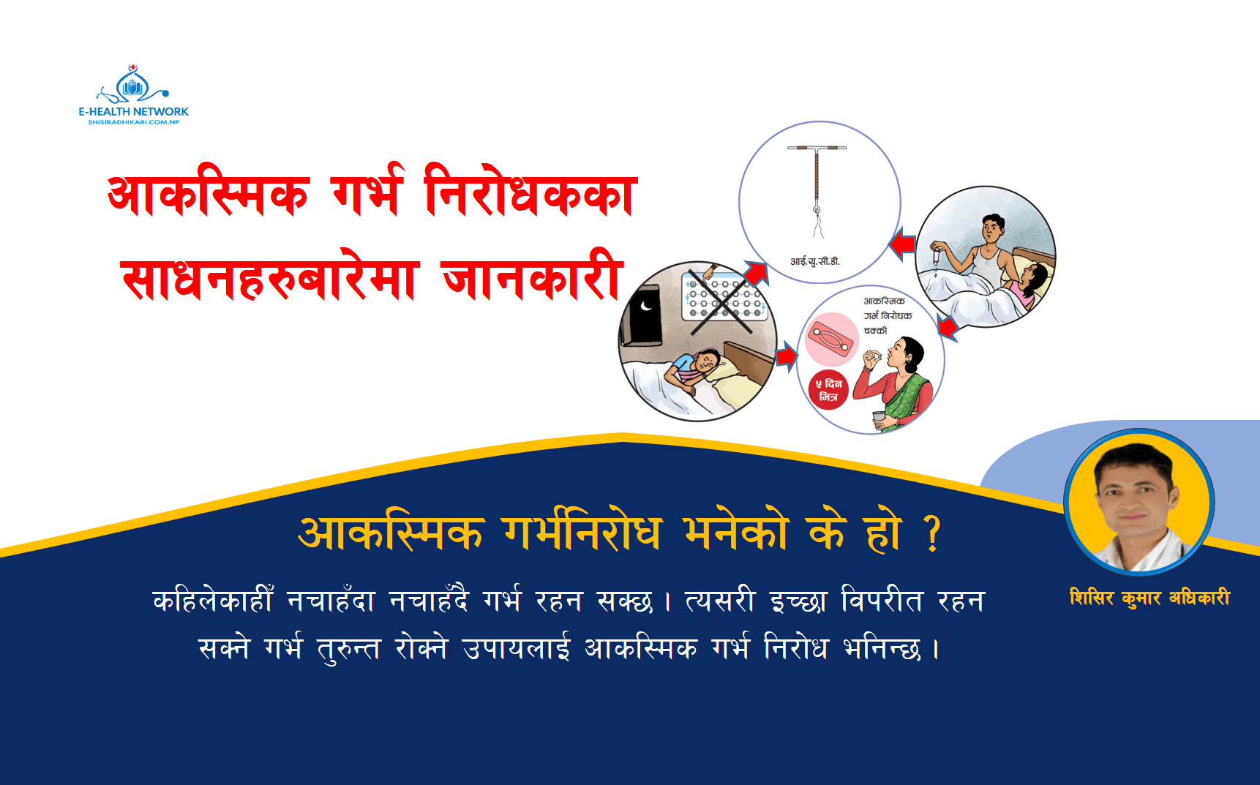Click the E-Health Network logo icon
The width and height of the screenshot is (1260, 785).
coord(132,86)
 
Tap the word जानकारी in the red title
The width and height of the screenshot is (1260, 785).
coord(532,277)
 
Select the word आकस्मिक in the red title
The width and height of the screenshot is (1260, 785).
coord(208,195)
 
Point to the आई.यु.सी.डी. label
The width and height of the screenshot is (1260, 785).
coord(815,261)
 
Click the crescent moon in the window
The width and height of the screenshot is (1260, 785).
coord(646,306)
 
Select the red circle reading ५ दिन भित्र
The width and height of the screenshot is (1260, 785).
coord(828,390)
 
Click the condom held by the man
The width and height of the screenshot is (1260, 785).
coord(936,257)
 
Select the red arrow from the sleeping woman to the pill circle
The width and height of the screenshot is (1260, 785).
coord(786,356)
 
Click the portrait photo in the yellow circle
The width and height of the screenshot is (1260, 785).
coord(1139,503)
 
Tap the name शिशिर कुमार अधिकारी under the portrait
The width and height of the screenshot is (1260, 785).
coord(1150,598)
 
